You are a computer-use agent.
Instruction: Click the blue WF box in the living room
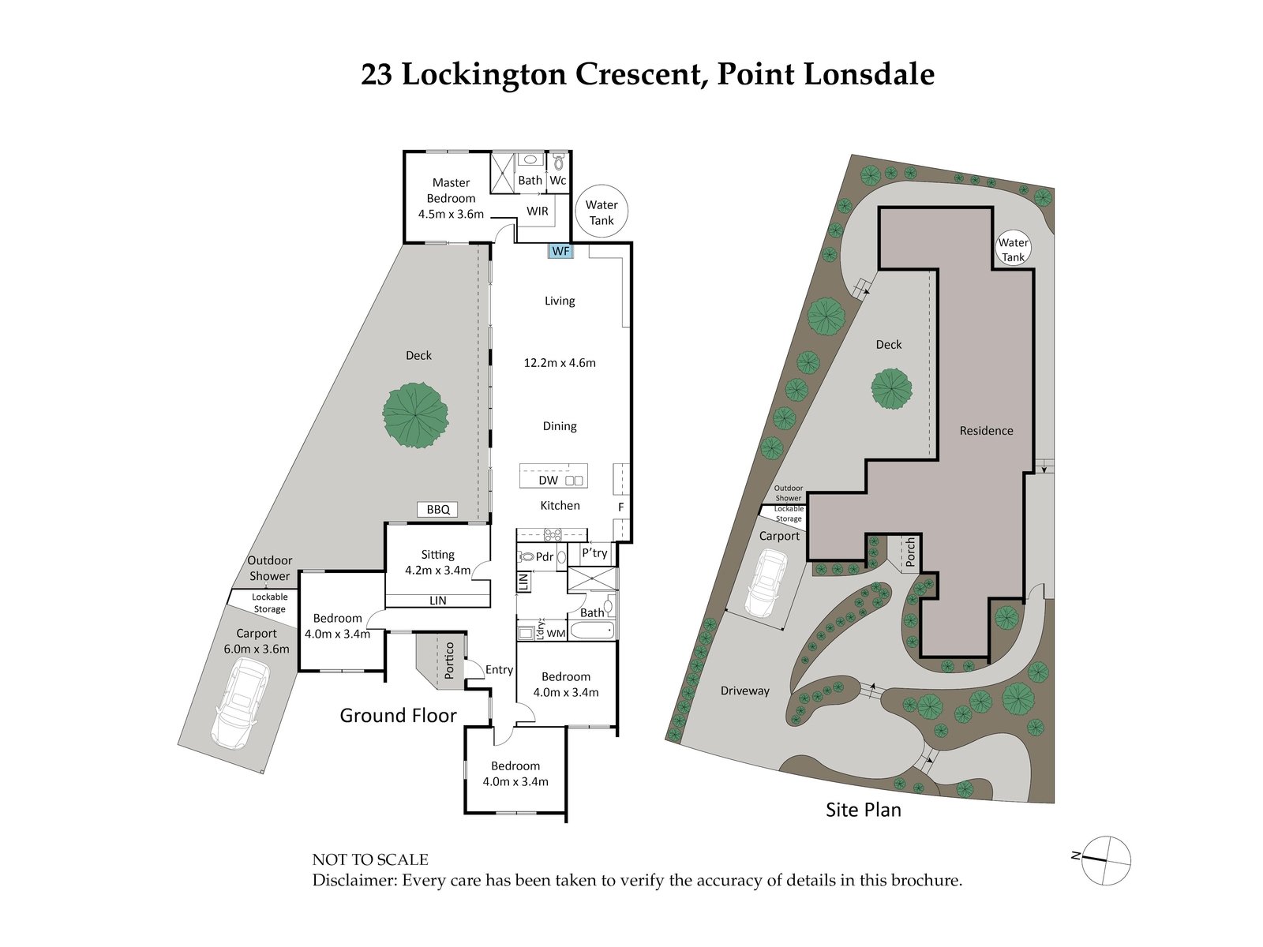coord(560,251)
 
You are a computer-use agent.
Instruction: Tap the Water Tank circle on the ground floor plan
coord(602,212)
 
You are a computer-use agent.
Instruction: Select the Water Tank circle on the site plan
coord(1013,249)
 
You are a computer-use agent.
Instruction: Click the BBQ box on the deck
coord(438,510)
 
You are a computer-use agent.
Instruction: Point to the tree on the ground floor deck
coord(415,415)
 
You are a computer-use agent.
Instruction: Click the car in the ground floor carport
coord(242,703)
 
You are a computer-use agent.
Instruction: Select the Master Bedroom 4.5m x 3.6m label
coord(451,198)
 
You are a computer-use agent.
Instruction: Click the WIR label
coord(538,211)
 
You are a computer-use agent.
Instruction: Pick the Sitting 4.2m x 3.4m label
coord(437,562)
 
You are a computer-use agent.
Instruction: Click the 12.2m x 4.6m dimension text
coord(560,363)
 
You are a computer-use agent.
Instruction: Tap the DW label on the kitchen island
coord(548,480)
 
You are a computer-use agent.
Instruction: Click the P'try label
coord(594,553)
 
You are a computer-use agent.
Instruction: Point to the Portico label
coord(449,660)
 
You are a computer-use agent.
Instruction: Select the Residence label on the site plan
coord(986,430)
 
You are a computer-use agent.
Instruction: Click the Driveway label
coord(744,691)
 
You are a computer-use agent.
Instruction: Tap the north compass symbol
coord(1105,859)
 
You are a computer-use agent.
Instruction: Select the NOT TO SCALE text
coord(370,859)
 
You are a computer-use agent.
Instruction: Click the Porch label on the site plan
coord(910,552)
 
